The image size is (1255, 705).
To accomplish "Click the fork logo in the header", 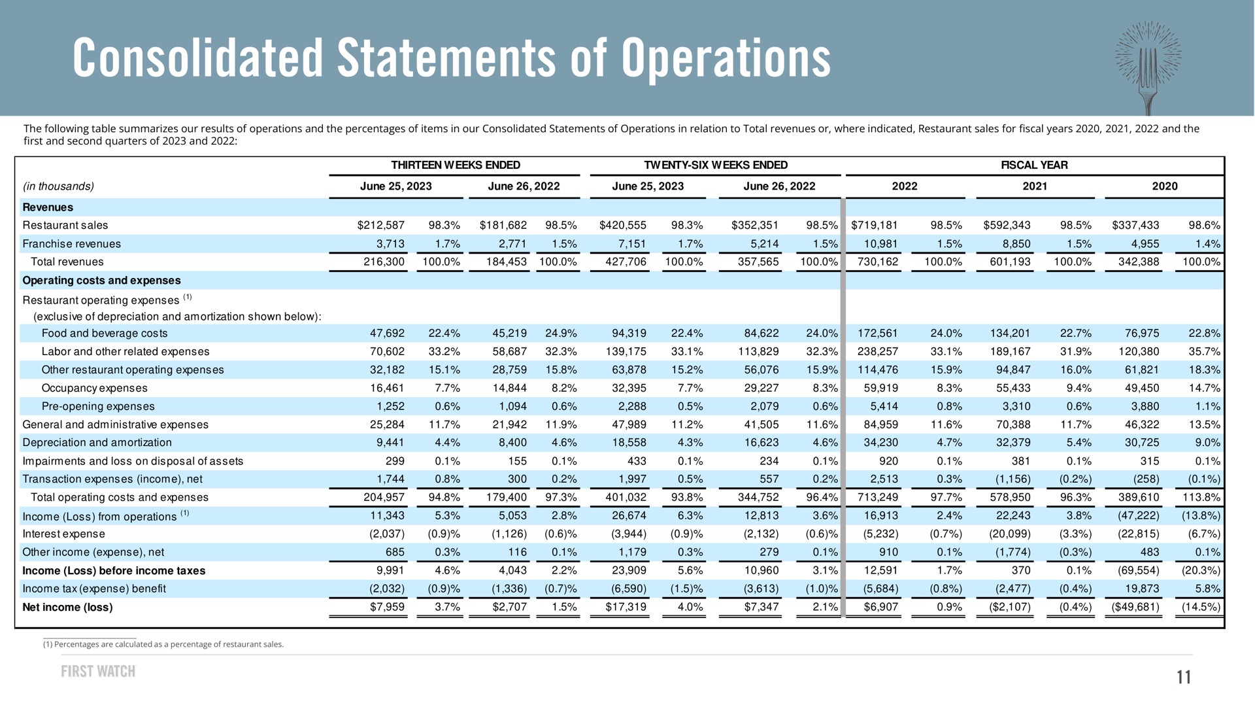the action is (x=1148, y=65).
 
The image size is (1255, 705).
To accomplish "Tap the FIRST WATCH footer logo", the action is (x=98, y=672).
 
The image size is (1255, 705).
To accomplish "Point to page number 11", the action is (x=1184, y=677).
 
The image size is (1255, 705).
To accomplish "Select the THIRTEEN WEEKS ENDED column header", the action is (x=455, y=165).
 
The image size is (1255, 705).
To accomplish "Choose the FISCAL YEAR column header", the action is (x=1034, y=165).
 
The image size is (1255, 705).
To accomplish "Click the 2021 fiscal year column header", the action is (x=1035, y=186).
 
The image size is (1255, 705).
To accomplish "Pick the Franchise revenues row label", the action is (x=72, y=244).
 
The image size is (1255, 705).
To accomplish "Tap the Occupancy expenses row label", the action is (x=95, y=388).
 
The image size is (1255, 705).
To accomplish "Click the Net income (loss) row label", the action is (x=67, y=608).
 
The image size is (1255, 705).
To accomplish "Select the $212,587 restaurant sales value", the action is (x=381, y=226).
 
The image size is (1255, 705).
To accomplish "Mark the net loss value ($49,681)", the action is (x=1135, y=608).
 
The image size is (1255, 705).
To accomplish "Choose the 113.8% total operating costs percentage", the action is (x=1201, y=498).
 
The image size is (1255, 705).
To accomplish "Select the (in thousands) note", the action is (x=58, y=187).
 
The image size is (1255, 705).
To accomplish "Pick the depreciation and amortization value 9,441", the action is (x=391, y=443).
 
